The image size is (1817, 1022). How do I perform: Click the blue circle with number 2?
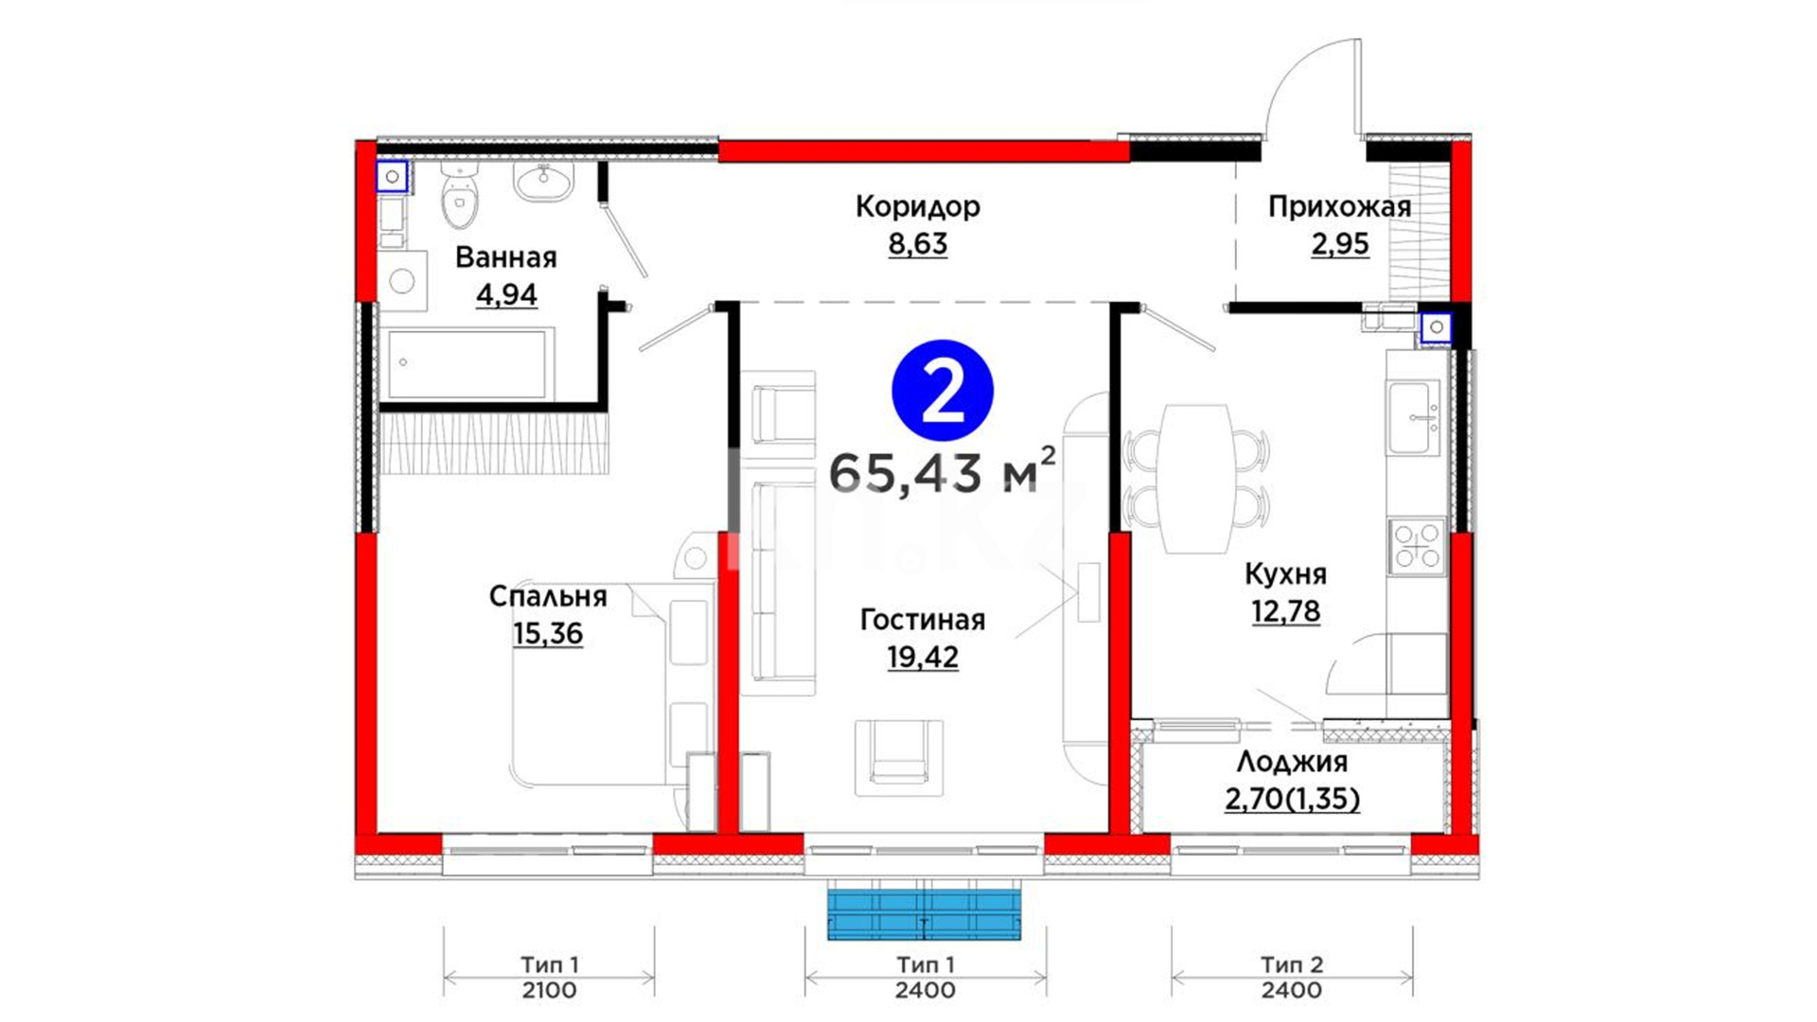pos(943,391)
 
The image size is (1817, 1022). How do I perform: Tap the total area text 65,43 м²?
pos(943,472)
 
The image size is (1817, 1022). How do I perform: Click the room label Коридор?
pos(917,207)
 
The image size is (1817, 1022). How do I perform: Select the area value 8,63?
pos(917,244)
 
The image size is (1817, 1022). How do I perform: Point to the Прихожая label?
pos(1339,207)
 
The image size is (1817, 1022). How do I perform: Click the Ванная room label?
pos(506,257)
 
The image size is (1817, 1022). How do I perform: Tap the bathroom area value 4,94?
pos(506,295)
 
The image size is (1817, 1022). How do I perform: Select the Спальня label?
pos(548,596)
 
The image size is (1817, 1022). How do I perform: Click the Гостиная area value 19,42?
pos(923,657)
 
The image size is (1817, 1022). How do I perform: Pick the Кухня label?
pos(1285,574)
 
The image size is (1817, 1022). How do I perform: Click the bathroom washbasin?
pos(543,181)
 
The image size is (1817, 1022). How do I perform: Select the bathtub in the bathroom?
pos(466,363)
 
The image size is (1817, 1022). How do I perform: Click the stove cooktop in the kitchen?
pos(1417,546)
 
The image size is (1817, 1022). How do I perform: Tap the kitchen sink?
pos(1414,417)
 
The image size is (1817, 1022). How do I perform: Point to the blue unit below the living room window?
pos(925,913)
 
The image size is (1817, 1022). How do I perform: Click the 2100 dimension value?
pos(549,991)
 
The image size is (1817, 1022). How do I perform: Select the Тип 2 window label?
pos(1292,965)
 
